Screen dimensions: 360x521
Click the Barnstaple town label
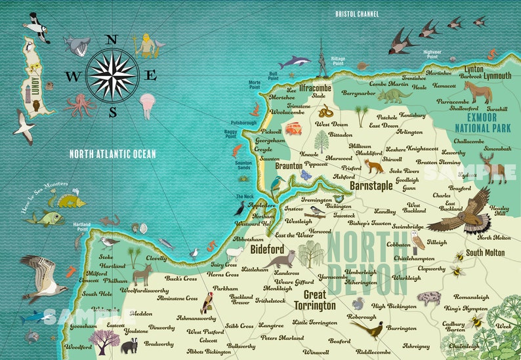click(371, 186)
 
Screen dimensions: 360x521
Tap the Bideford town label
click(267, 250)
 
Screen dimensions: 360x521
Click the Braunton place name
click(288, 167)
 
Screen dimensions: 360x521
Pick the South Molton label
click(486, 252)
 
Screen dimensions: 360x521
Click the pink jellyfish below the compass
click(147, 103)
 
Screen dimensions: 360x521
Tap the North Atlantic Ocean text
click(113, 154)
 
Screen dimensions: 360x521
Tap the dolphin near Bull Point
click(295, 62)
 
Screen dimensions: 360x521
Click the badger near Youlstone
click(129, 346)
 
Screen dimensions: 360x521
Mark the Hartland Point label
click(81, 226)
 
